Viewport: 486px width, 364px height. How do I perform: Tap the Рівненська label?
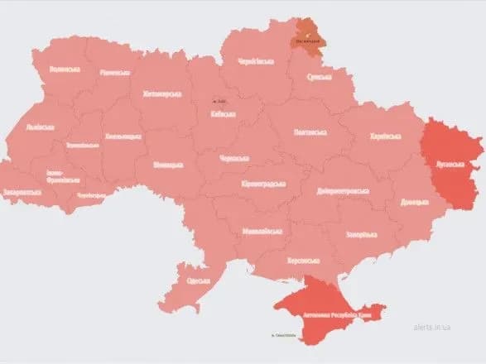(x=115, y=72)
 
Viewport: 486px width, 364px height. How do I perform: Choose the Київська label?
(x=223, y=115)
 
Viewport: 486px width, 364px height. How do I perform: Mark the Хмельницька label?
(x=123, y=136)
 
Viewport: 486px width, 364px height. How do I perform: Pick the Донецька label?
(x=413, y=202)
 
